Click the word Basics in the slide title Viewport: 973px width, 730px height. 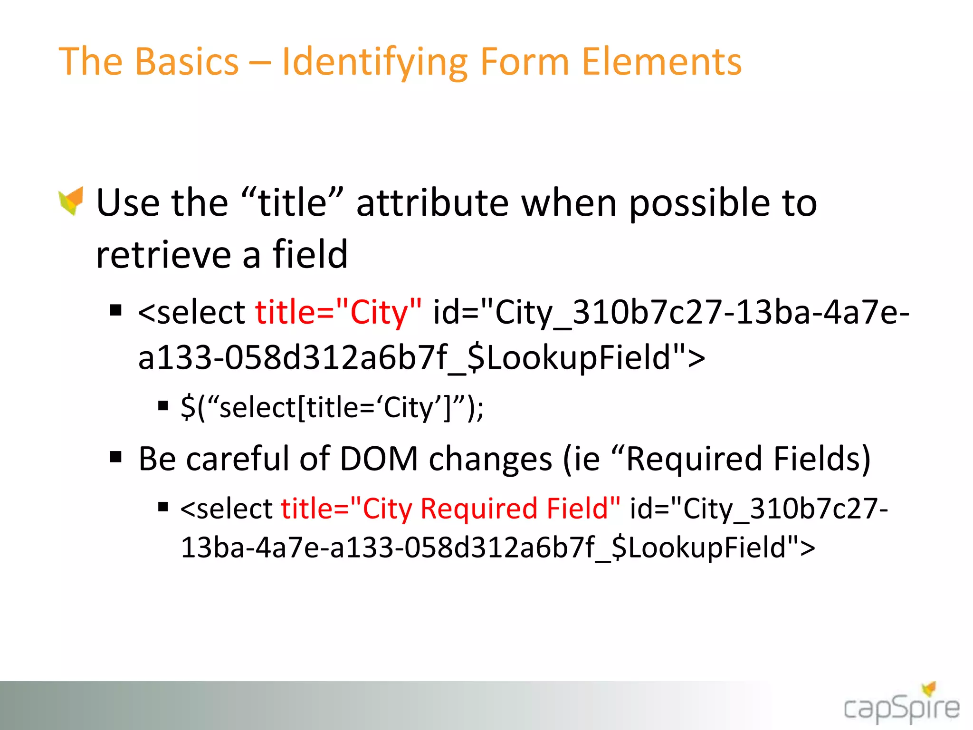(x=187, y=62)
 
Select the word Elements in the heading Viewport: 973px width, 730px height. (x=661, y=62)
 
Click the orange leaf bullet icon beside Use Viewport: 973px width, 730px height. (x=71, y=201)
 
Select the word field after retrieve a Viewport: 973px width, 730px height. (x=310, y=254)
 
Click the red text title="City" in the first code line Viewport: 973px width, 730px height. (x=338, y=312)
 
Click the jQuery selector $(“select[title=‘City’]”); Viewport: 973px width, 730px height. (x=332, y=408)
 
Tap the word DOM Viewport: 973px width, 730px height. (x=379, y=459)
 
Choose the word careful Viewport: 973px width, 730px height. (x=238, y=459)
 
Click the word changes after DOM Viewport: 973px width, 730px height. (x=490, y=459)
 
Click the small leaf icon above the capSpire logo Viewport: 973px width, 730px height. (x=929, y=688)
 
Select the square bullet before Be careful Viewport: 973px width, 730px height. (x=115, y=457)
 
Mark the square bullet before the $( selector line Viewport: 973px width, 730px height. (x=163, y=406)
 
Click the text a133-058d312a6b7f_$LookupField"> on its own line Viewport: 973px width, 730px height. (x=421, y=358)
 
